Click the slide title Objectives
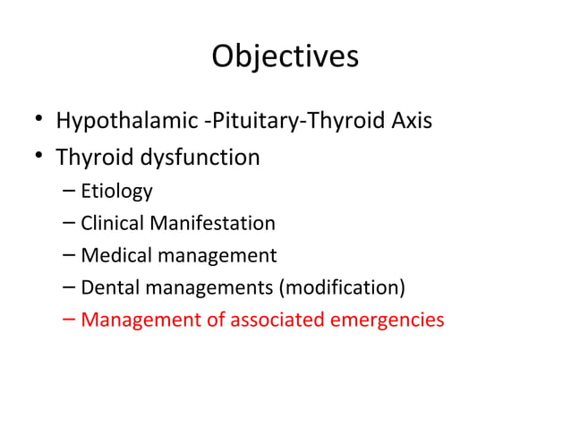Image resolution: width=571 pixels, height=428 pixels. click(x=285, y=56)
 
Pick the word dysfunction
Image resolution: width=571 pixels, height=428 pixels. click(x=199, y=158)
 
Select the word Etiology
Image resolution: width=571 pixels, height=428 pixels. click(x=116, y=192)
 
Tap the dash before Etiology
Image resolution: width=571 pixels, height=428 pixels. click(x=70, y=192)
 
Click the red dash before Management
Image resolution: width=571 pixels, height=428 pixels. click(x=70, y=320)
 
